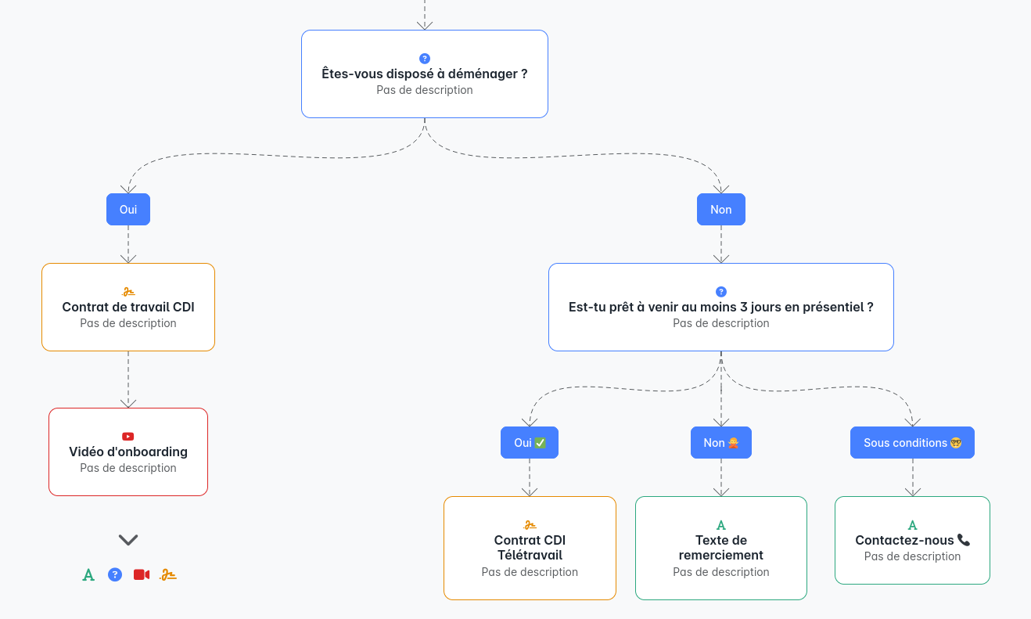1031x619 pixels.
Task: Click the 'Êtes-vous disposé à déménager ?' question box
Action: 424,74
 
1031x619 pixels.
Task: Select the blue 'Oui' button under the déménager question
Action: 128,210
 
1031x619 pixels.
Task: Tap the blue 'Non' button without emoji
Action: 720,210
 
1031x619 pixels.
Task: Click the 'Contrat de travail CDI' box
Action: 128,308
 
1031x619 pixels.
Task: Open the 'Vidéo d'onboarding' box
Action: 128,452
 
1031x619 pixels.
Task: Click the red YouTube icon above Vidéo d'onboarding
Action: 128,437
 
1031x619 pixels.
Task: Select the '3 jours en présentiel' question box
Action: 720,308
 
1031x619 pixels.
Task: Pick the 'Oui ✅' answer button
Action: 530,443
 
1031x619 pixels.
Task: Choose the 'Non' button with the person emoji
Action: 720,443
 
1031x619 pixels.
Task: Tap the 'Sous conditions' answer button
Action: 912,443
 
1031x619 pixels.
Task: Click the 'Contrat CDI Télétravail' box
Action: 530,549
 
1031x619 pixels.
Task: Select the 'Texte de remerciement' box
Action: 720,549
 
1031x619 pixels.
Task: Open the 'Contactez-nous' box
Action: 912,541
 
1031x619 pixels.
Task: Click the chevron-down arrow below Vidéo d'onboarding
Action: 128,540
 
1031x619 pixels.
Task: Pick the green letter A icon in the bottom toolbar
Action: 88,575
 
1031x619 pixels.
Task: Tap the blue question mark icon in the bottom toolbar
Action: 115,575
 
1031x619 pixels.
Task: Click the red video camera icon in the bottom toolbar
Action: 142,575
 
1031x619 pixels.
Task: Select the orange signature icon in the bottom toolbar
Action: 168,575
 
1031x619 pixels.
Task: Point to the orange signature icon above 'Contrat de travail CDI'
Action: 128,292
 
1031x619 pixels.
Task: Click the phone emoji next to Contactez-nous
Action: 964,540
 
